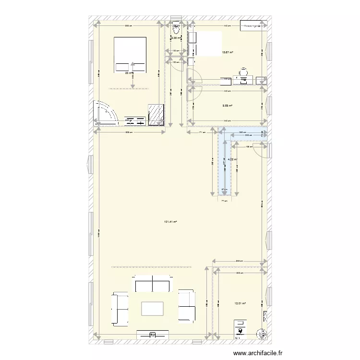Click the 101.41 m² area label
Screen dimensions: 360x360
[170, 222]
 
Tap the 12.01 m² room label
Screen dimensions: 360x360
[240, 303]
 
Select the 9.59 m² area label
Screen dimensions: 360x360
[227, 106]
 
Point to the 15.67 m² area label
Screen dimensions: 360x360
[227, 53]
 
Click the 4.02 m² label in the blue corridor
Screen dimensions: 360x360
[232, 159]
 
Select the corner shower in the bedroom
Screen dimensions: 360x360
[106, 114]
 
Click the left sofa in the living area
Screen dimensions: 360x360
[120, 309]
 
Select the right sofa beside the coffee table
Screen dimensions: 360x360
[186, 305]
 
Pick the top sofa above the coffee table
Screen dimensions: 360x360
[153, 284]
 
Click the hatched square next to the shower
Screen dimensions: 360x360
[156, 115]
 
